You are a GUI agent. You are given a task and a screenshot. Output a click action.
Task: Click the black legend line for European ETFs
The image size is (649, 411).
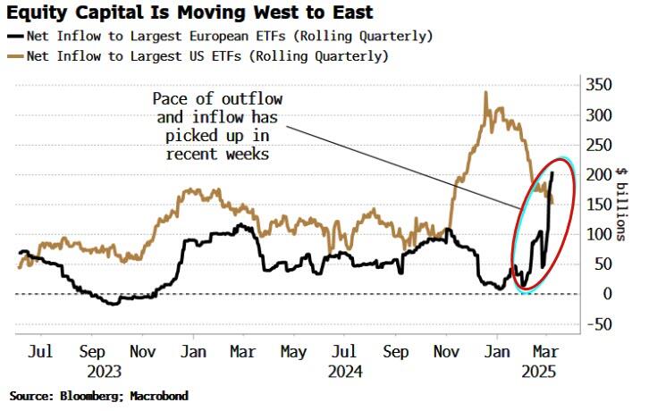(x=17, y=36)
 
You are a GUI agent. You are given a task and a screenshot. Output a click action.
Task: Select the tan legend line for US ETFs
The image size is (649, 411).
(x=17, y=55)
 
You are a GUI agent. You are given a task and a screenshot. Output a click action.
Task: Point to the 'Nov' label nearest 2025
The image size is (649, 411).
(x=444, y=353)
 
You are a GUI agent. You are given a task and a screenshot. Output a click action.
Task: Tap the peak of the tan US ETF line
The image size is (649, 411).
(x=485, y=92)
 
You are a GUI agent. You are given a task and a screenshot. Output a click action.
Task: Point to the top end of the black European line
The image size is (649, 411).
(x=552, y=172)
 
